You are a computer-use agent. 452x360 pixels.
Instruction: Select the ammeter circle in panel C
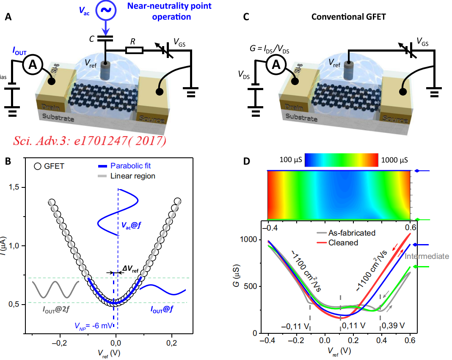tap(275, 65)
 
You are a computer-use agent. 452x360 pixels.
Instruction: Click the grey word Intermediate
tap(426, 256)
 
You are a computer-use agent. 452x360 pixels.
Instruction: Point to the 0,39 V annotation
tap(393, 326)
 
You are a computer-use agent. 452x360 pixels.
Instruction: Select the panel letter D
tap(246, 162)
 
